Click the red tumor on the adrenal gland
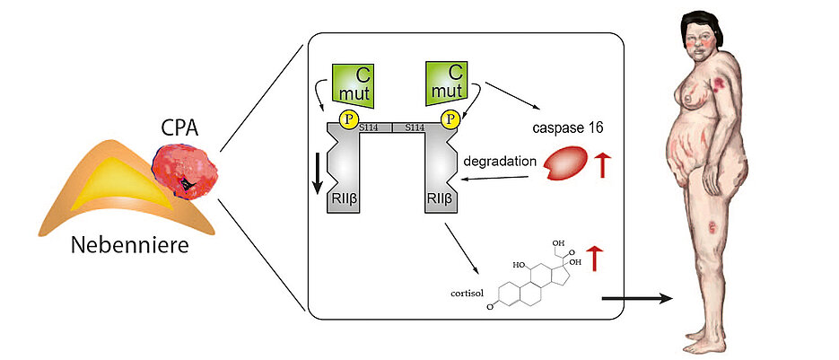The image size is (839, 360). (187, 172)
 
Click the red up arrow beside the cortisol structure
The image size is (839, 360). (595, 259)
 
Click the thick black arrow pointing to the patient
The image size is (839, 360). (637, 296)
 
